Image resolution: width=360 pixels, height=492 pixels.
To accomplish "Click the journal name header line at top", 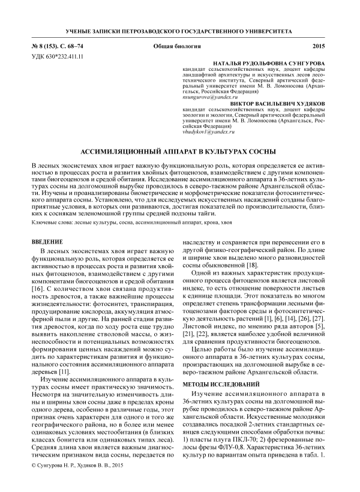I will click(179, 29).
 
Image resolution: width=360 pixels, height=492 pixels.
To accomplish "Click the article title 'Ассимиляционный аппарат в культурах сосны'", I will click(179, 151).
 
